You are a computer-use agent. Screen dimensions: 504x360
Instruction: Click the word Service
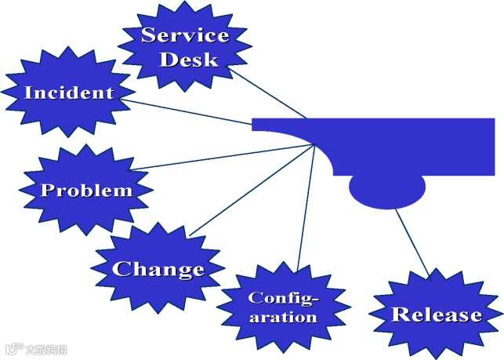(185, 35)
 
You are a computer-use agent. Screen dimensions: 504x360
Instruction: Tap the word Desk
(188, 59)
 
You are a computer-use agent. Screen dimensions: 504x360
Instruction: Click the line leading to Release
(412, 243)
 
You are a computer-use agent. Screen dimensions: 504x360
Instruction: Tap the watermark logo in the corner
(36, 349)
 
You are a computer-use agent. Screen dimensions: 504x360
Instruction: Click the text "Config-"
(284, 298)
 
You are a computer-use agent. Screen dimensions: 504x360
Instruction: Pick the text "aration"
(282, 318)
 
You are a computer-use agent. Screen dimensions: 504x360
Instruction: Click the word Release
(437, 315)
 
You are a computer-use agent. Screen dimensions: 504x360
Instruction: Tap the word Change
(158, 270)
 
